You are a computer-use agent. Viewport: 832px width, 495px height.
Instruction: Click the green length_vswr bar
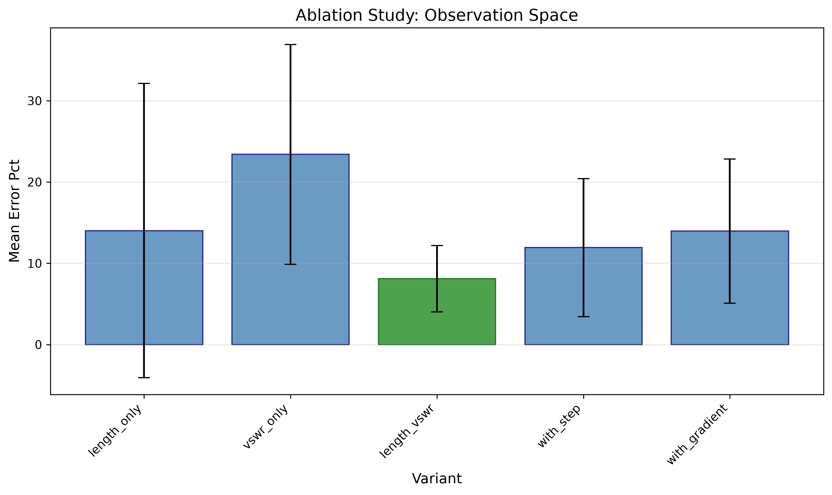437,311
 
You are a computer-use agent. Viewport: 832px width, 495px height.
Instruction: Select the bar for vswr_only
290,249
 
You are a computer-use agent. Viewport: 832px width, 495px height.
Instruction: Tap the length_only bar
144,288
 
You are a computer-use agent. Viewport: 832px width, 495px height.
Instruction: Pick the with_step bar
583,296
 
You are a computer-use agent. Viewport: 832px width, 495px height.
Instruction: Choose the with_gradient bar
730,288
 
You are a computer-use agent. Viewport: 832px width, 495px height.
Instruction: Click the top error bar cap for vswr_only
290,44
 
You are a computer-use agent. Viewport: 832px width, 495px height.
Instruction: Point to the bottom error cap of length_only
144,378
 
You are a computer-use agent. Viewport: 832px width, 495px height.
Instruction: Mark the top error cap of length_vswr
437,246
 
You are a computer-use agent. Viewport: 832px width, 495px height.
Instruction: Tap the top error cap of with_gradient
730,159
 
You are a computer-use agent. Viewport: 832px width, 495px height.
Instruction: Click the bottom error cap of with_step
583,317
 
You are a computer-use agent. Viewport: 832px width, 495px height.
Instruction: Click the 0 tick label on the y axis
38,345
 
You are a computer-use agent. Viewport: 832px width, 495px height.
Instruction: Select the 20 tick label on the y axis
35,183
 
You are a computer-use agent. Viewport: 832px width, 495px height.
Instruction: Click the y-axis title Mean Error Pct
14,211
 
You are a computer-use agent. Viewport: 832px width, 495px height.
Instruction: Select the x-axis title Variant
437,479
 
